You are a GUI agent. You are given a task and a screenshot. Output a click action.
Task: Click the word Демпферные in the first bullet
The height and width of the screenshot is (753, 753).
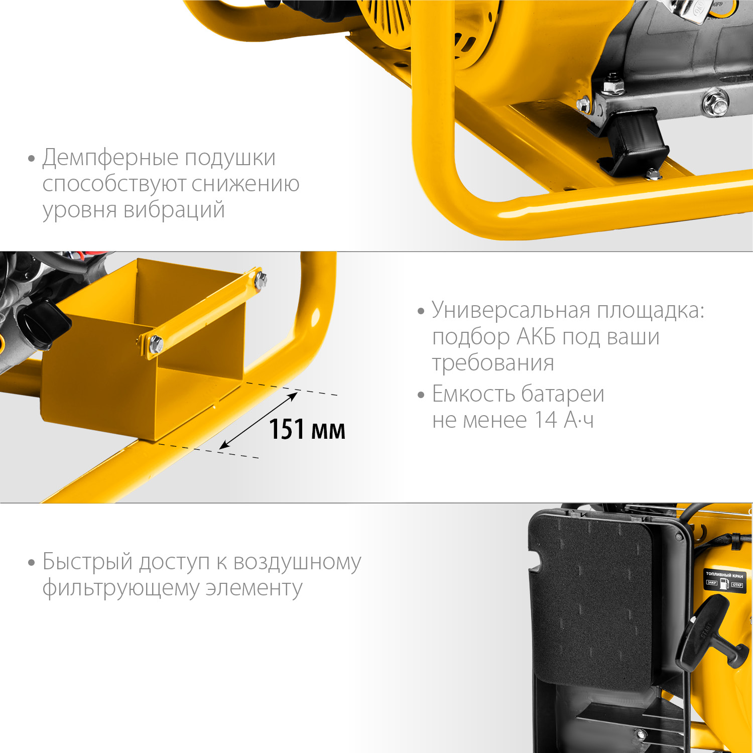pos(110,158)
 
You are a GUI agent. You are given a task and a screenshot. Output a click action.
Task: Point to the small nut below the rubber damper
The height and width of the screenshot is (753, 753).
pos(653,174)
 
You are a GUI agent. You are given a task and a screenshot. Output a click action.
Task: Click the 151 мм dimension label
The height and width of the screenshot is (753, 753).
pos(307,430)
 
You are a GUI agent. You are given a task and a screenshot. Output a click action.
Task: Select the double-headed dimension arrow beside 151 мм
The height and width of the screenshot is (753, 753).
pos(259,421)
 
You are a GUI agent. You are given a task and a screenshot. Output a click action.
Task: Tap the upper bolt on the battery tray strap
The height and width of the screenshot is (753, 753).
pos(261,280)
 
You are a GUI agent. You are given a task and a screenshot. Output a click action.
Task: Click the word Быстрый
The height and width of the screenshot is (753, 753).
pos(87,562)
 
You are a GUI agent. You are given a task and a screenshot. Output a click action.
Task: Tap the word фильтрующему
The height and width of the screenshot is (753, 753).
pos(121,588)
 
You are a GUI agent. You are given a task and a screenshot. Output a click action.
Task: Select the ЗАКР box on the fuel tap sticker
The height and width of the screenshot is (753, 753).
pos(712,583)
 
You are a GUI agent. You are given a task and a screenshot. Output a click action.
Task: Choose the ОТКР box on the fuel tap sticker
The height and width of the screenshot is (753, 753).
pos(736,585)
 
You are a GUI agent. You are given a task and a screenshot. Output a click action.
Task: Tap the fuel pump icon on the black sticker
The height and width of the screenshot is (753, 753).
pos(724,583)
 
